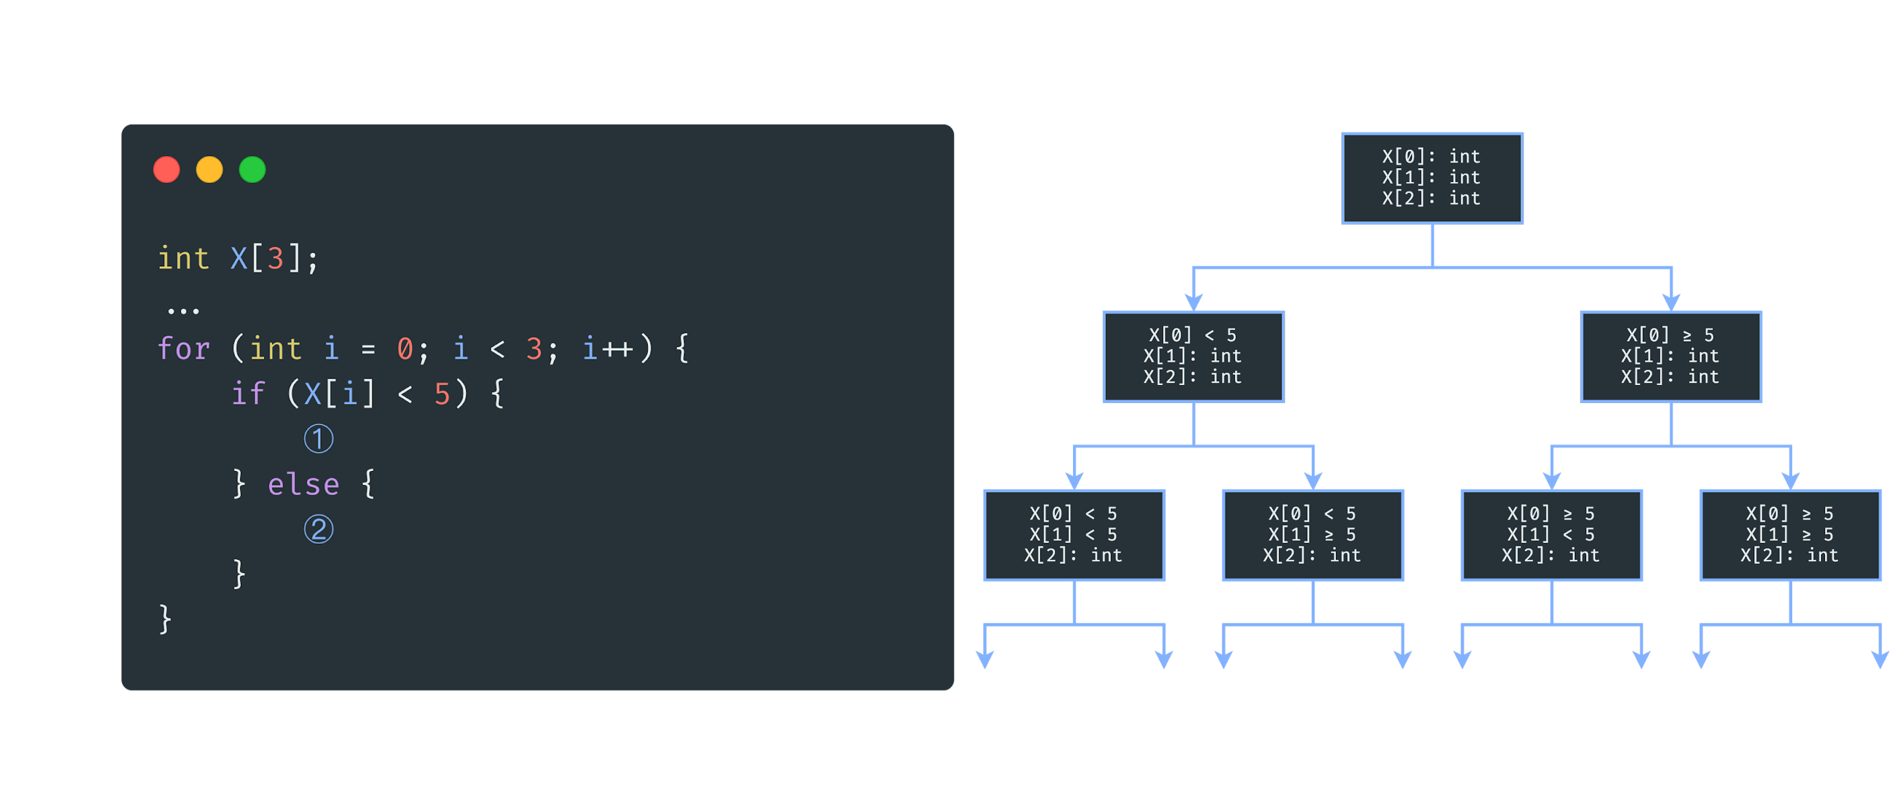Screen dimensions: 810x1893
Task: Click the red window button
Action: tap(167, 169)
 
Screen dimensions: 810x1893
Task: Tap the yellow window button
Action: tap(210, 169)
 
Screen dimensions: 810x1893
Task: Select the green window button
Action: tap(252, 169)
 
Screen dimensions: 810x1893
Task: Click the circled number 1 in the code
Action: tap(318, 439)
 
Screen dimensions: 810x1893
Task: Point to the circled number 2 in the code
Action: tap(318, 529)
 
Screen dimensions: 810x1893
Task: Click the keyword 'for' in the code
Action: tap(183, 348)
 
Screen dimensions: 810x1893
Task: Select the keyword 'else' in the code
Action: tap(304, 484)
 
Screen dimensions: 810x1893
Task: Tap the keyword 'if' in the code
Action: tap(248, 394)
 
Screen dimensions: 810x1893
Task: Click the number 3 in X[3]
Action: tap(275, 259)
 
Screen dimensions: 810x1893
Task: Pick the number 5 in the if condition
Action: tap(442, 394)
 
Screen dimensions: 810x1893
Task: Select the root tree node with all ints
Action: tap(1431, 178)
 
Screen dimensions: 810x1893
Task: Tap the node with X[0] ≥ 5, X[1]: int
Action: tap(1670, 356)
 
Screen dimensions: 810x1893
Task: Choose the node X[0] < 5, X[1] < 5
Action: tap(1074, 535)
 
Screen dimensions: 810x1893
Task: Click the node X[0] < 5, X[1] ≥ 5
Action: tap(1312, 535)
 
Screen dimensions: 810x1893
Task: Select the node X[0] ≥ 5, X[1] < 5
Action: tap(1551, 535)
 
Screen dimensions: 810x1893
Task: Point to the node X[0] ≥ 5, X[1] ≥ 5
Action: tap(1790, 535)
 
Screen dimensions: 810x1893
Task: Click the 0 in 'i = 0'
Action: tap(405, 348)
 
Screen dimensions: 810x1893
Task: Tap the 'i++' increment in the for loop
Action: tap(608, 348)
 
